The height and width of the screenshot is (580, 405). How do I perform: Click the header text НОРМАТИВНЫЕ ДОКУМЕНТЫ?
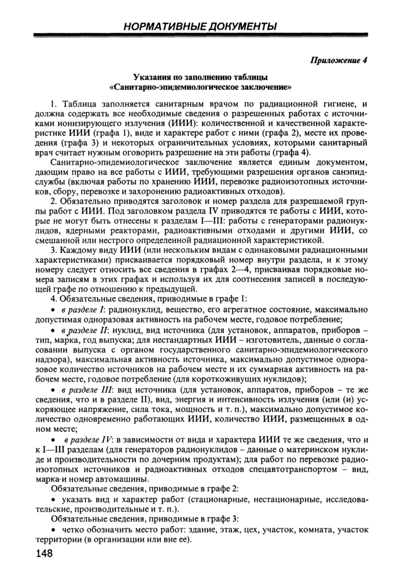[x=202, y=26]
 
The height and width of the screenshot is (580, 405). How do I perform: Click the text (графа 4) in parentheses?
[x=292, y=153]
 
